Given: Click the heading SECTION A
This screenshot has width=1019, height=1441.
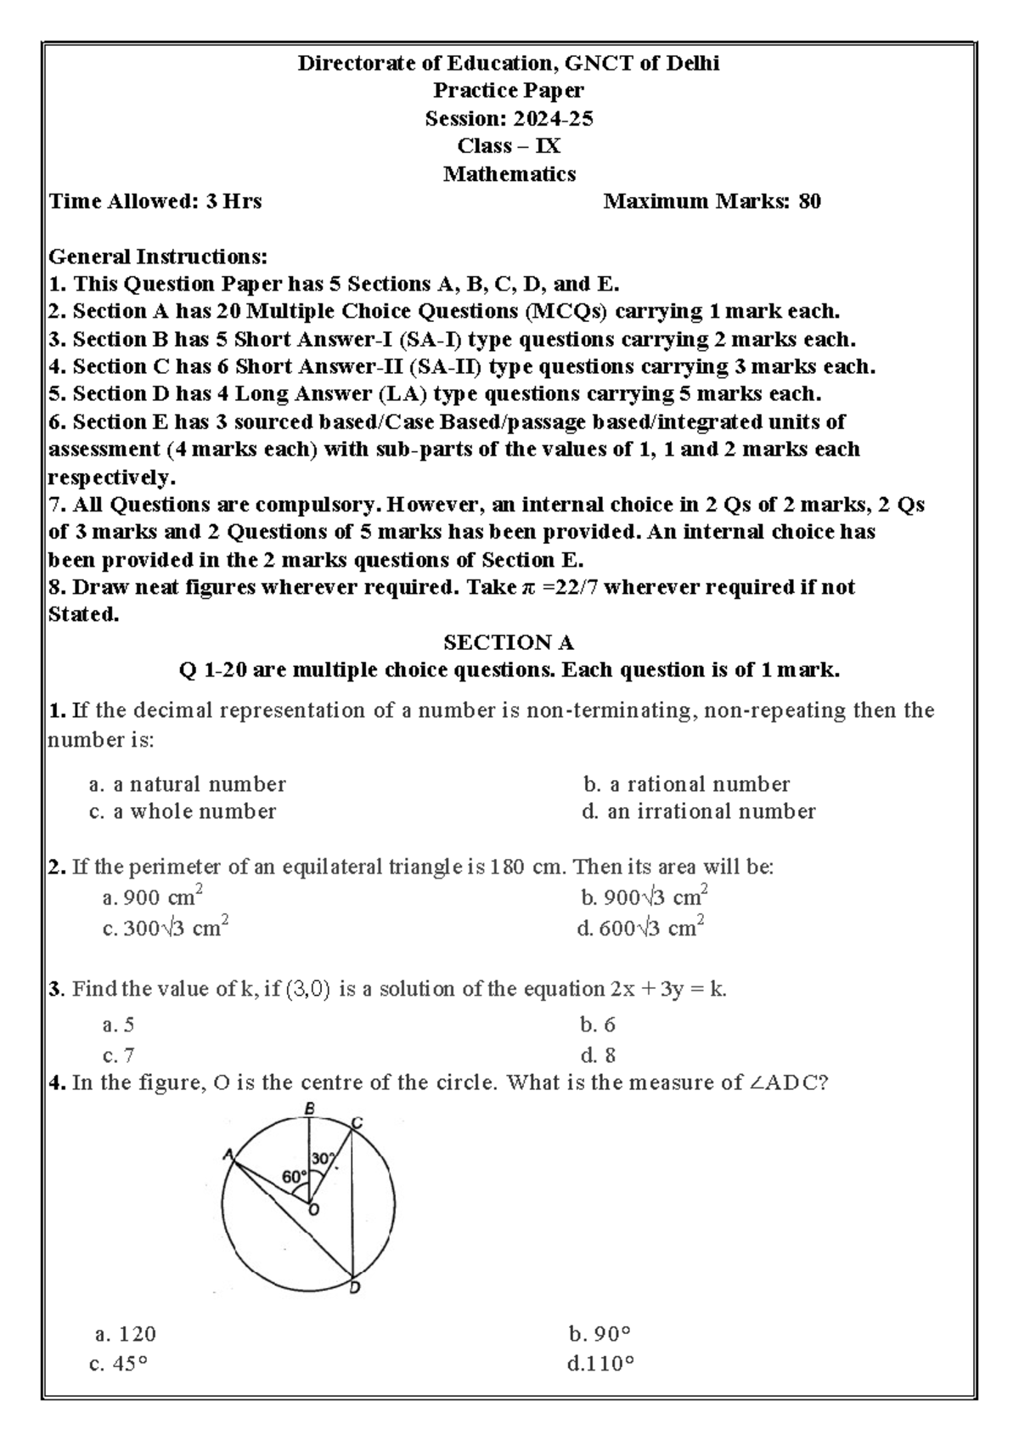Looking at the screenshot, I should point(509,642).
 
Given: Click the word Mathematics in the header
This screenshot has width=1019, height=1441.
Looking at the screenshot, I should point(509,174).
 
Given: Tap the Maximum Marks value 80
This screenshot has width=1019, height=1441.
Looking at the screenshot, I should point(809,201).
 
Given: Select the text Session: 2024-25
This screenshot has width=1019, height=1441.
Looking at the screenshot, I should point(509,119).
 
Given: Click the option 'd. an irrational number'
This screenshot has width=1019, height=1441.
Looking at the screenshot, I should point(698,812).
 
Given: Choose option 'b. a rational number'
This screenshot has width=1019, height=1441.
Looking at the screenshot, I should point(686,784).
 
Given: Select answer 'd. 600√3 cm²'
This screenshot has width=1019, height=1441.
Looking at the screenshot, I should point(641,929).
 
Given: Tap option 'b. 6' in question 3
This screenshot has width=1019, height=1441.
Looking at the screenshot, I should point(598,1026).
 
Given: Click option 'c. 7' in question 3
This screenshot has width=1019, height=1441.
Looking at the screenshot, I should point(118,1056).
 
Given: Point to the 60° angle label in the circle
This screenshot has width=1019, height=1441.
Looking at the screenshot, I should point(294,1177).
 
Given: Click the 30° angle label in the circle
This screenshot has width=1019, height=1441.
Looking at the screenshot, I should point(323,1158).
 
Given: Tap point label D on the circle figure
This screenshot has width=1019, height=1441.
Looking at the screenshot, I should point(355,1289).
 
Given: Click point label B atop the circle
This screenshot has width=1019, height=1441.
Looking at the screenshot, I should point(310,1109).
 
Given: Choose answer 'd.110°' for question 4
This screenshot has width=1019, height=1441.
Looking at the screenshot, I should point(600,1365).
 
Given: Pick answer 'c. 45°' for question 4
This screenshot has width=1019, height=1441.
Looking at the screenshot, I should point(118,1365).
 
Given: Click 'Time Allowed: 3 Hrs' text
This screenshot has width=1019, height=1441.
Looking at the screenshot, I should point(155,201).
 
